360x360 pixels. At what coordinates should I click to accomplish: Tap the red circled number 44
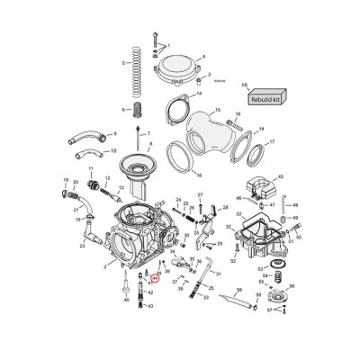click(154, 279)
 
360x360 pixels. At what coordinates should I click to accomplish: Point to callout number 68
click(245, 85)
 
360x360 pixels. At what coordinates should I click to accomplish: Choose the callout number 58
click(238, 291)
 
